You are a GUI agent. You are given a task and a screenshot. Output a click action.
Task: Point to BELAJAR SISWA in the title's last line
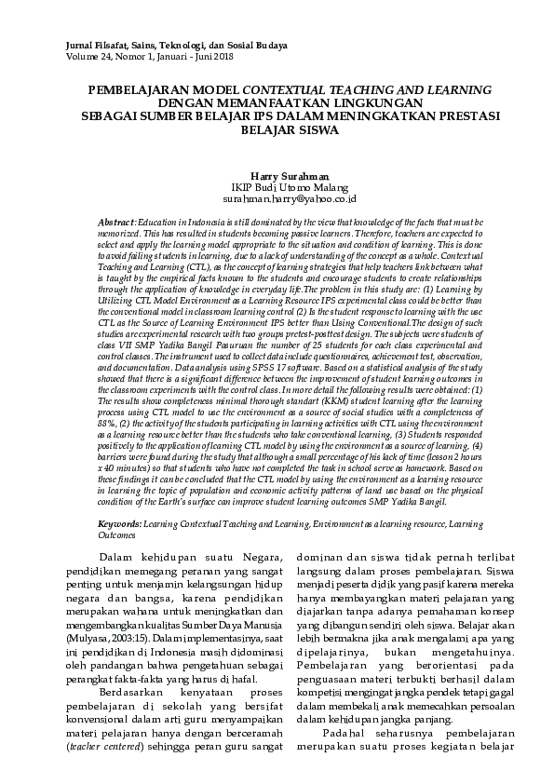point(289,130)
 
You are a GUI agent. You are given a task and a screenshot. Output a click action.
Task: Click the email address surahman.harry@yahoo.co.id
point(289,199)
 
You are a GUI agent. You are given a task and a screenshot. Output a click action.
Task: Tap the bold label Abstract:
point(116,224)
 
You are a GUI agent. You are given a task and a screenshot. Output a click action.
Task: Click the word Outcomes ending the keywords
point(117,535)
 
